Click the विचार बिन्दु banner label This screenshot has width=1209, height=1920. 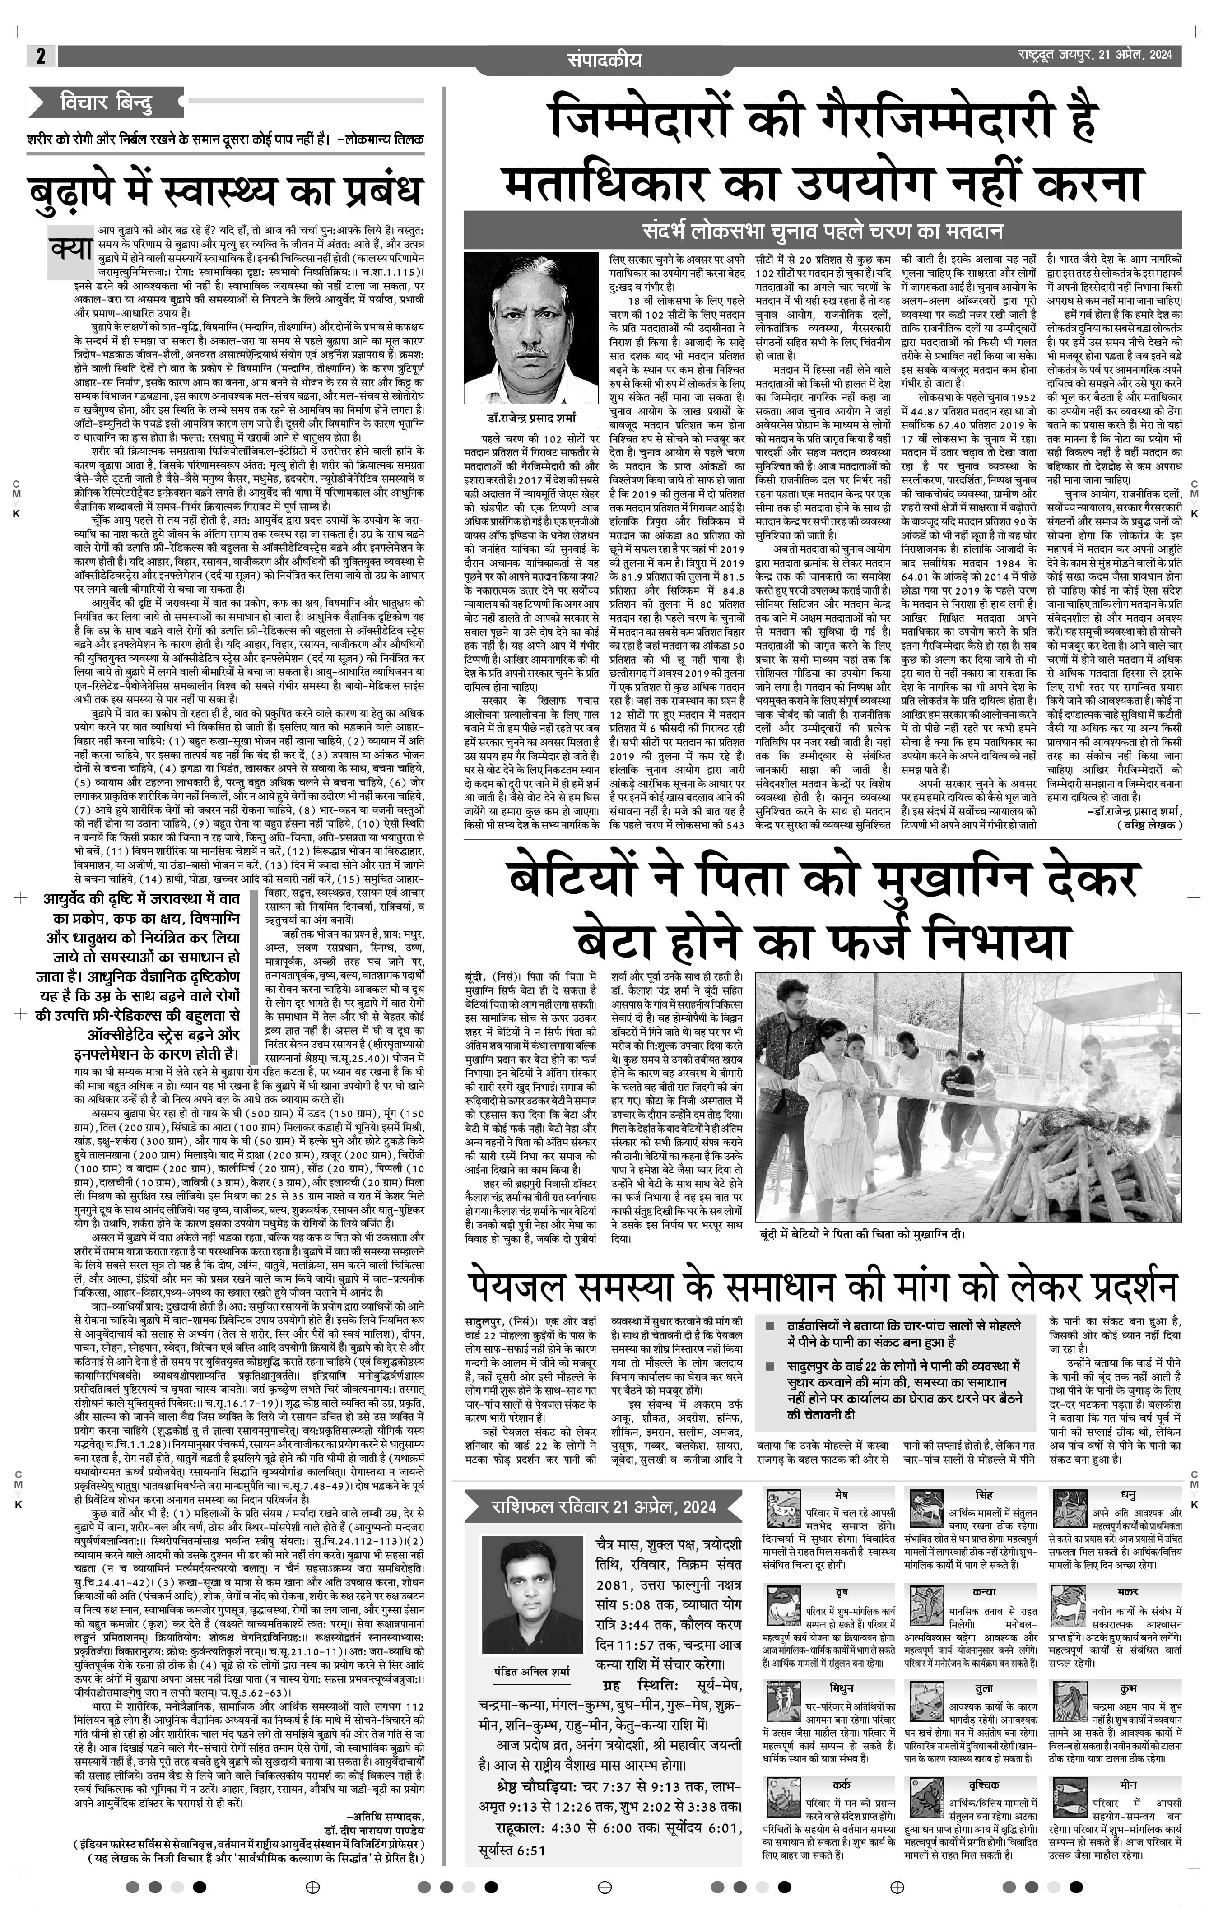click(105, 103)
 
